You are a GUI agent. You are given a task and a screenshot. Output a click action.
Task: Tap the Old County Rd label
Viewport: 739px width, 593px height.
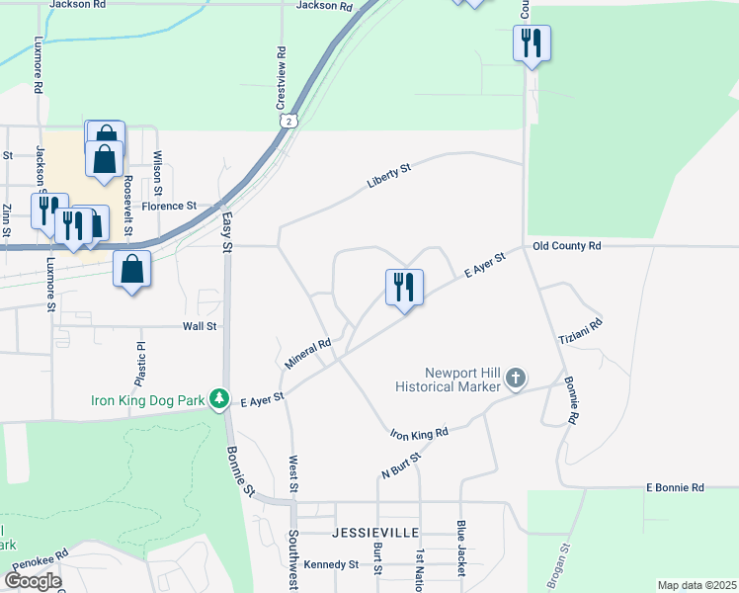point(566,245)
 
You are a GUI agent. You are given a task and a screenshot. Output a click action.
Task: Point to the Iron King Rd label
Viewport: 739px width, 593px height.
point(419,433)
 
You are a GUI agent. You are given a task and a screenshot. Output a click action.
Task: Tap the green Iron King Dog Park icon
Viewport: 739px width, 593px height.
point(226,400)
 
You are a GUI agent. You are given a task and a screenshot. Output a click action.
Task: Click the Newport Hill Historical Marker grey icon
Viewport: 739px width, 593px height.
point(516,379)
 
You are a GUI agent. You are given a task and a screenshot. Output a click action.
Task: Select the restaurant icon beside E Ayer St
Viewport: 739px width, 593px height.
point(404,288)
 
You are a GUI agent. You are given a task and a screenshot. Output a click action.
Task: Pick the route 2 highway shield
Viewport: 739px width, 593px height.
point(287,120)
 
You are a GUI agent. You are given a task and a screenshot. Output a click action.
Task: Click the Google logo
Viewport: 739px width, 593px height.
point(32,581)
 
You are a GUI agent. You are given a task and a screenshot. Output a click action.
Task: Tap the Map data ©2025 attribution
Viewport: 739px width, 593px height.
point(697,585)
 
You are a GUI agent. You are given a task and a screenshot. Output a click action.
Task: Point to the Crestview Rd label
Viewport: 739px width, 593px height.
point(281,79)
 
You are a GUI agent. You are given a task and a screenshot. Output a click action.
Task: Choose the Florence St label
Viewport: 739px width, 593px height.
point(169,206)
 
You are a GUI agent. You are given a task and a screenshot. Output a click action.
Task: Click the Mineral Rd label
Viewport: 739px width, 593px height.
point(307,354)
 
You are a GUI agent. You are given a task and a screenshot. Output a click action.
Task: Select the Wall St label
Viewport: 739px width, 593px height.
point(199,325)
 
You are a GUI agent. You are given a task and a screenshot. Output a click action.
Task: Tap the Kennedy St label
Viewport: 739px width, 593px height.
point(332,564)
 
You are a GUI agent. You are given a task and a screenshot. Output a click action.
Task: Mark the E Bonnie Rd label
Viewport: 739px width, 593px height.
point(675,487)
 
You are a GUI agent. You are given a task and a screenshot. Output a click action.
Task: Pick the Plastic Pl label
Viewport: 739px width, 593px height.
point(140,366)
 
